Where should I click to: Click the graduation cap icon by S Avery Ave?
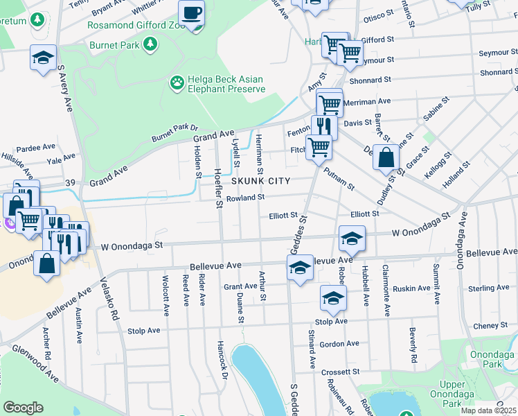pos(44,58)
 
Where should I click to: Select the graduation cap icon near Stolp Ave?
pos(333,298)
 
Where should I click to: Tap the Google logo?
pos(23,408)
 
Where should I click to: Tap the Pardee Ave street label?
pos(35,148)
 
